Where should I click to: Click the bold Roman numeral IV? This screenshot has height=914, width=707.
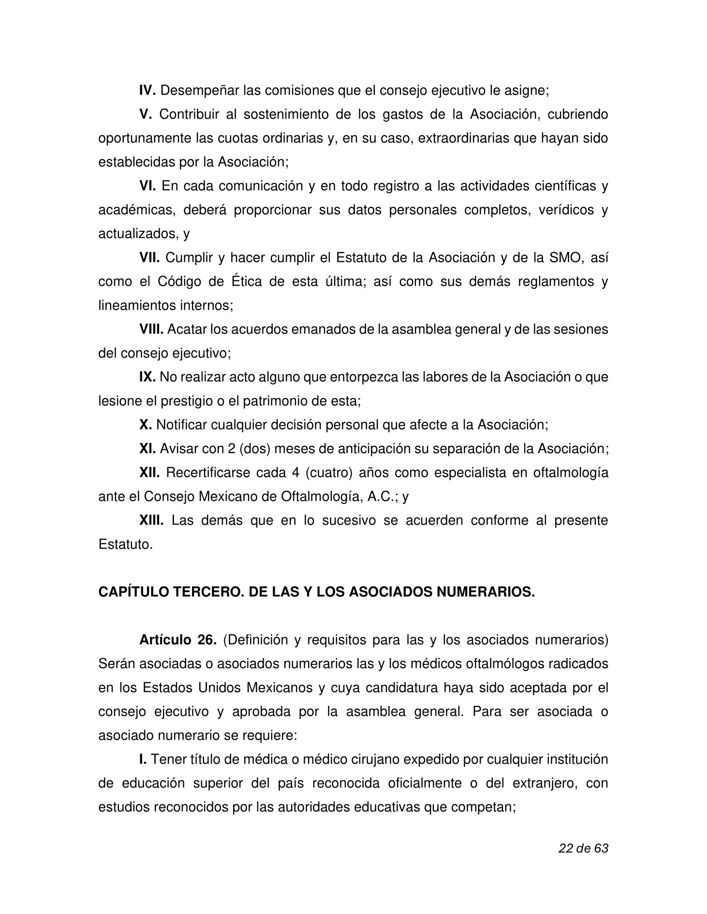click(x=147, y=90)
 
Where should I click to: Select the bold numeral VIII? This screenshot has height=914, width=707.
click(x=151, y=329)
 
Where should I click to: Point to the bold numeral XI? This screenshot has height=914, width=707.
click(x=147, y=449)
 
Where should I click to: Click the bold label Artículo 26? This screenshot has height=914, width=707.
click(x=177, y=640)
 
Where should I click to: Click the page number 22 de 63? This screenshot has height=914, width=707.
click(x=583, y=848)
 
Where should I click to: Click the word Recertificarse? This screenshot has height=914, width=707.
click(x=207, y=473)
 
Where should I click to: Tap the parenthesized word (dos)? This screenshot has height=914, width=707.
click(x=256, y=449)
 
